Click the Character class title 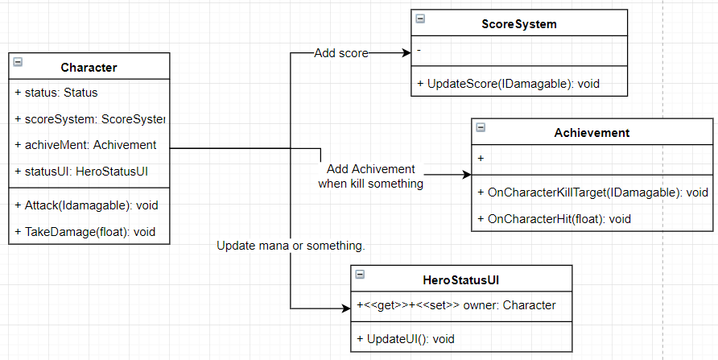pyautogui.click(x=89, y=68)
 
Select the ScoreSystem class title pyautogui.click(x=513, y=24)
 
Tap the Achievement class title pyautogui.click(x=592, y=132)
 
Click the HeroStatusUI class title pyautogui.click(x=461, y=279)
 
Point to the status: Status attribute pyautogui.click(x=56, y=93)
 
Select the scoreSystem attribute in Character pyautogui.click(x=89, y=119)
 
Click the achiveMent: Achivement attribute pyautogui.click(x=85, y=145)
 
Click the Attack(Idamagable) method pyautogui.click(x=86, y=205)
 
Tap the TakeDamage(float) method pyautogui.click(x=85, y=232)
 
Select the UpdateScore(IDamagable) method pyautogui.click(x=508, y=83)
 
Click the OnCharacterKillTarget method pyautogui.click(x=592, y=192)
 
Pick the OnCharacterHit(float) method pyautogui.click(x=554, y=218)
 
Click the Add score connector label pyautogui.click(x=341, y=53)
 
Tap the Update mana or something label pyautogui.click(x=291, y=245)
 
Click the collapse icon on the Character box pyautogui.click(x=18, y=61)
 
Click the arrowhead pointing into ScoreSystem pyautogui.click(x=406, y=53)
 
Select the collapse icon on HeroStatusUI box pyautogui.click(x=360, y=274)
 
